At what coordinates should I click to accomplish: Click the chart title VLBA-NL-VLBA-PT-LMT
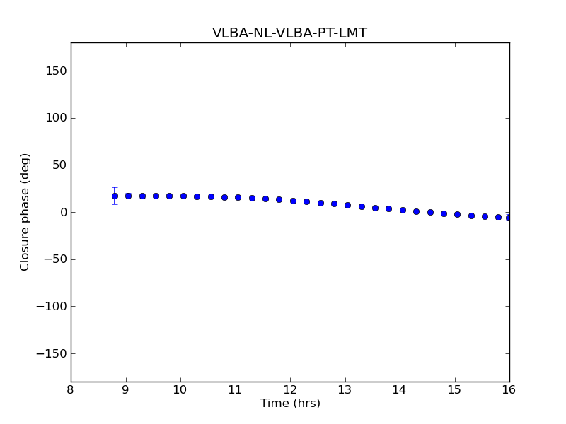coord(289,33)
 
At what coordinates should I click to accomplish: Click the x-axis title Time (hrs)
coord(290,404)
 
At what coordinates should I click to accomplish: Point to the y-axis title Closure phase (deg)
coord(25,212)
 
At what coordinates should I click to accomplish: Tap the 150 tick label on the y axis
coord(57,71)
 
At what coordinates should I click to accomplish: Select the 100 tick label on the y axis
coord(57,118)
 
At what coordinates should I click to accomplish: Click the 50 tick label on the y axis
coord(59,165)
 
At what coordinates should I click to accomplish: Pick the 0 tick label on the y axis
coord(63,213)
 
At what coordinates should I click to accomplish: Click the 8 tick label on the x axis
coord(71,390)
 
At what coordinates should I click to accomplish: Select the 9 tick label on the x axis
coord(126,390)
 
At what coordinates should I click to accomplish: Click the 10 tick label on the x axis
coord(180,390)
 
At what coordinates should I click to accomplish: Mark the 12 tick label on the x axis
coord(290,390)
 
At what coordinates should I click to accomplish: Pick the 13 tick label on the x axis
coord(345,390)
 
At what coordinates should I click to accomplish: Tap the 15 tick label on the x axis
coord(454,390)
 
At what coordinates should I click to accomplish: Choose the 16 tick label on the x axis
coord(509,390)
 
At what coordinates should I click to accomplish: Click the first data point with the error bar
coord(115,196)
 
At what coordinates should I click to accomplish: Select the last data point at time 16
coord(509,218)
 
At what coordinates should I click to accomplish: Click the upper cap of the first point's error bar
coord(115,188)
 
